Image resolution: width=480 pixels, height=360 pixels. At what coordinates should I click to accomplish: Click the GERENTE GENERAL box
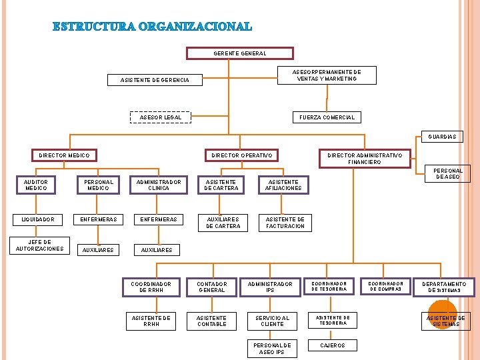click(x=239, y=53)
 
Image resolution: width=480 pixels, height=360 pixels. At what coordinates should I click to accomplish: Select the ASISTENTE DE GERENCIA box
click(x=155, y=81)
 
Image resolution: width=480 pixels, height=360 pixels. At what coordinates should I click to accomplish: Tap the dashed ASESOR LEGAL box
click(x=160, y=117)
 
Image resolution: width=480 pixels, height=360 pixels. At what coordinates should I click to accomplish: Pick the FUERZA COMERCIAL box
click(x=327, y=117)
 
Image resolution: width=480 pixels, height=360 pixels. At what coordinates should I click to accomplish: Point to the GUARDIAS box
click(x=443, y=137)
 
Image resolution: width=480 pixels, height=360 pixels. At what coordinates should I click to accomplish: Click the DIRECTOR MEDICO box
click(x=64, y=155)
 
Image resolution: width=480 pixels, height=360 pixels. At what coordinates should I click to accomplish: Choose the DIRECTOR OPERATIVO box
click(x=241, y=155)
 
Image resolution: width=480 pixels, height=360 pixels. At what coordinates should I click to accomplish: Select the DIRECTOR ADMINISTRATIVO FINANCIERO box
click(x=364, y=159)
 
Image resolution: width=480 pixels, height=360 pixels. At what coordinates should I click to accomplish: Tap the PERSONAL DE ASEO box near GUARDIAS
click(x=448, y=173)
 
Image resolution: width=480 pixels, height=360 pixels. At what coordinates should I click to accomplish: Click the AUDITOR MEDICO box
click(x=36, y=185)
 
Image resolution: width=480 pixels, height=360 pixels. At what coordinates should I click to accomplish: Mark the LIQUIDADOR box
click(x=37, y=219)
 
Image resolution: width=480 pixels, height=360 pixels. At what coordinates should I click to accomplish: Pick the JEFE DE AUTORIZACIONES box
click(x=40, y=245)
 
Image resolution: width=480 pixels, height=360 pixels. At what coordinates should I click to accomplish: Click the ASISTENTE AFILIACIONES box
click(x=285, y=185)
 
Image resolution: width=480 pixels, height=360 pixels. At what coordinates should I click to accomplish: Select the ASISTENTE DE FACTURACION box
click(x=285, y=222)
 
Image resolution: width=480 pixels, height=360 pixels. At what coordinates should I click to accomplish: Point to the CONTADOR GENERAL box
click(x=212, y=287)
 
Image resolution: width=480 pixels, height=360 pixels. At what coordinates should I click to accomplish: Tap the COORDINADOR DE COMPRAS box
click(x=387, y=286)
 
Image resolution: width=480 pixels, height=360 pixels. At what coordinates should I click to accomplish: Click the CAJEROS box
click(x=333, y=345)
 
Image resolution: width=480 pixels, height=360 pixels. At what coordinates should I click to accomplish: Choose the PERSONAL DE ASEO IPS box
click(x=272, y=349)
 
